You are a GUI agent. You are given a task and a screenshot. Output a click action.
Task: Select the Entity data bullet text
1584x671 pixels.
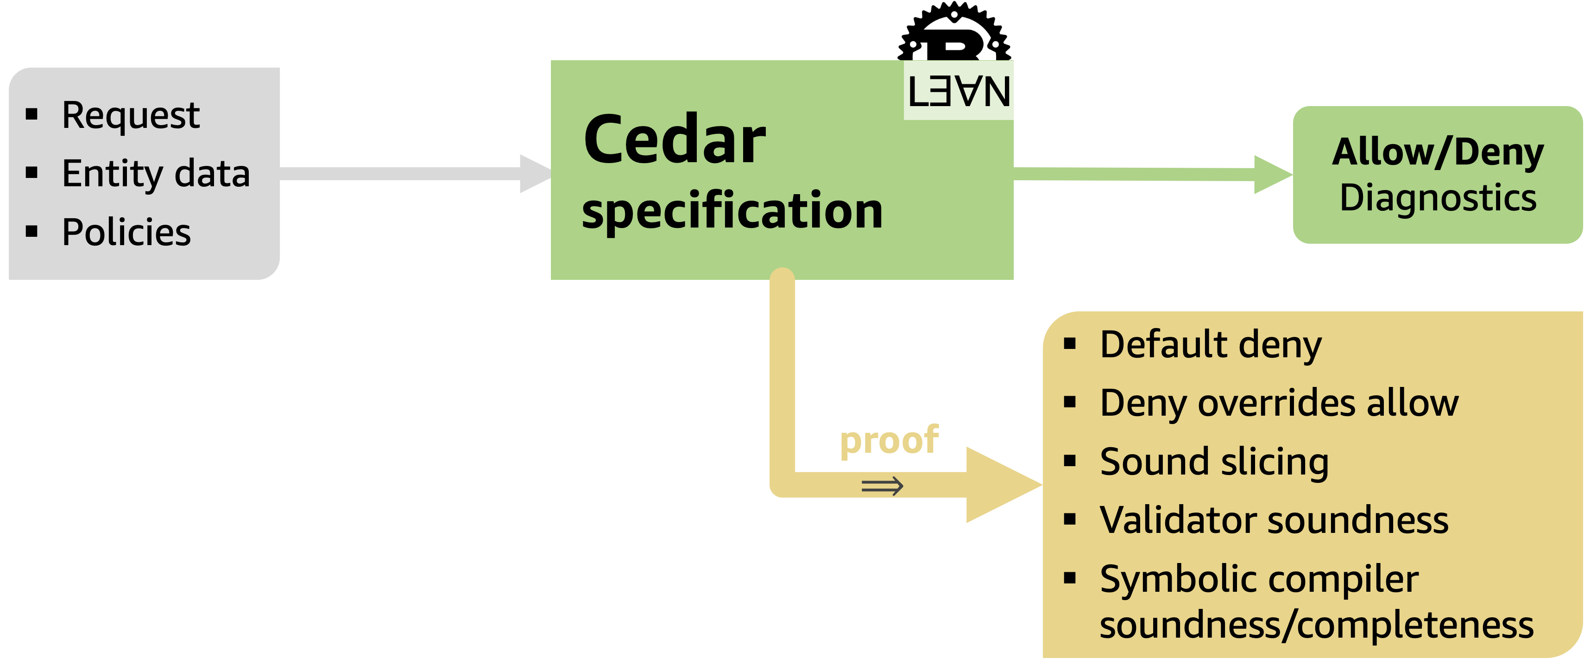156,173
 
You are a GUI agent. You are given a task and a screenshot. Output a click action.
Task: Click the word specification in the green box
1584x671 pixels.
732,210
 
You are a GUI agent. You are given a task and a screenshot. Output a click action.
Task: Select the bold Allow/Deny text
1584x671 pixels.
1437,152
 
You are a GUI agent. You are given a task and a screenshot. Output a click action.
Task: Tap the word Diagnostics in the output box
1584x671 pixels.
1437,198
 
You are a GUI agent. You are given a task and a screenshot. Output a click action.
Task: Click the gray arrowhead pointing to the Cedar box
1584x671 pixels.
534,173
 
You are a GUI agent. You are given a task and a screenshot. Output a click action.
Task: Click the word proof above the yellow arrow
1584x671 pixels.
889,440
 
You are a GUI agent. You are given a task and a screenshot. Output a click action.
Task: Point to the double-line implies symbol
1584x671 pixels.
882,486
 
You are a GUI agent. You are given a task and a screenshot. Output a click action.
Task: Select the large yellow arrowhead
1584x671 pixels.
999,485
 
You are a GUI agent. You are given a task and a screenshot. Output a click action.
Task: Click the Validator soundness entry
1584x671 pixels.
1274,520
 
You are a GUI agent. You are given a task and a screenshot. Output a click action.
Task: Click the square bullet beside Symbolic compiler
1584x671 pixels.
1070,578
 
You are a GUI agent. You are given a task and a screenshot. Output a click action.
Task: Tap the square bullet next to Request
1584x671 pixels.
32,114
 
